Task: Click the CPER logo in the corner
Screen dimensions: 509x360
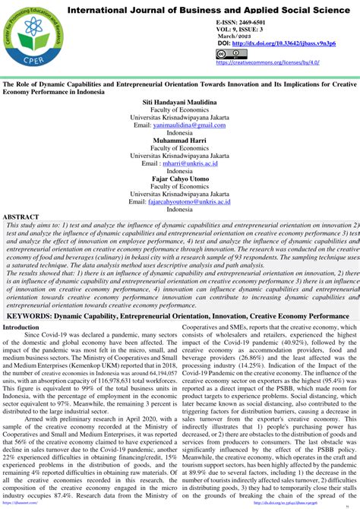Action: coord(29,36)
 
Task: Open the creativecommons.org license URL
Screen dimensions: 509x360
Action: coord(263,63)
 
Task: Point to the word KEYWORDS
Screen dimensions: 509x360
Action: coord(31,336)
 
